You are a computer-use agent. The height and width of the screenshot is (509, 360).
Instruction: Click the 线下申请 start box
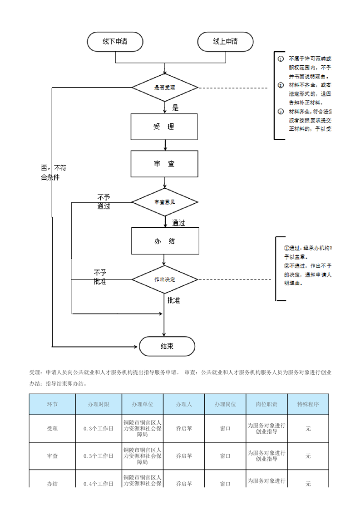point(115,42)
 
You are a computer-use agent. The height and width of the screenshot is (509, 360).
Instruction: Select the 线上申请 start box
point(225,42)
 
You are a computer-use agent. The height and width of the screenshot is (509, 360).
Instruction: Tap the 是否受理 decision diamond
point(165,88)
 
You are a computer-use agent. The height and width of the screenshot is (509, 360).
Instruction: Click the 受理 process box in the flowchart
point(164,127)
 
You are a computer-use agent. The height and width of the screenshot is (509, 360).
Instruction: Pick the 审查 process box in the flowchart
point(164,164)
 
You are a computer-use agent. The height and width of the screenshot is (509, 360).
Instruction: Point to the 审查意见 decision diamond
point(165,202)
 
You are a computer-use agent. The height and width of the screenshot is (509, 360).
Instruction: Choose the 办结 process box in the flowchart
point(164,241)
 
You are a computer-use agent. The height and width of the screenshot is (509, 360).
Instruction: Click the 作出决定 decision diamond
point(165,279)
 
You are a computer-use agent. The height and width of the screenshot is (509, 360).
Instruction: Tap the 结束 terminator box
point(167,346)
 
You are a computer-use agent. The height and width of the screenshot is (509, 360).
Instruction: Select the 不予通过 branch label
point(104,201)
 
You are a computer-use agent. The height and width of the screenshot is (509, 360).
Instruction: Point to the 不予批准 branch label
point(100,277)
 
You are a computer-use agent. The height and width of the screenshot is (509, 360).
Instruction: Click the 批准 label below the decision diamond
point(174,300)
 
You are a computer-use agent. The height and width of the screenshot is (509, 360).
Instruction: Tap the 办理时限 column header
point(99,404)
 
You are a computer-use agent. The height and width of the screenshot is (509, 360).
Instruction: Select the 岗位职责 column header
point(266,404)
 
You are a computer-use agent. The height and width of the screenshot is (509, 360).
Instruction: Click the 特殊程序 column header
point(308,404)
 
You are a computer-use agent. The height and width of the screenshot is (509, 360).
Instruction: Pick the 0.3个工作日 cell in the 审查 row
point(99,455)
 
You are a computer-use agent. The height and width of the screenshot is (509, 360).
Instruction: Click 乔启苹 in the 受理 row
point(184,428)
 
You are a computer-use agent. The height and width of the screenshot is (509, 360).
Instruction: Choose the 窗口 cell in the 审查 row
point(225,455)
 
